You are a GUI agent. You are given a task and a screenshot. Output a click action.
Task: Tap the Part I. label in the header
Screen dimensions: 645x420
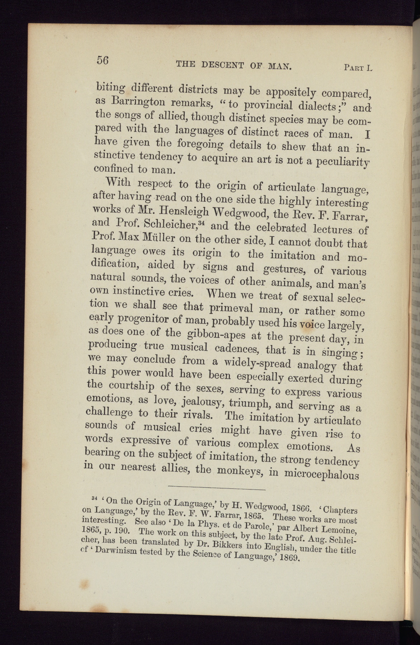pos(358,67)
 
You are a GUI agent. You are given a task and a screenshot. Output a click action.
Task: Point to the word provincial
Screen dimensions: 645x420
pos(272,106)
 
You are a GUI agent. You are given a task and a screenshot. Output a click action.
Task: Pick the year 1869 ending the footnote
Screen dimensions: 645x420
pos(291,558)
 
